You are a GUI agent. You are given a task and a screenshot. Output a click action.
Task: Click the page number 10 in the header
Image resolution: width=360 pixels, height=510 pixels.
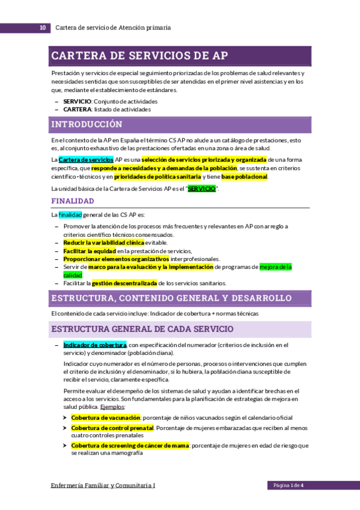[x=41, y=28]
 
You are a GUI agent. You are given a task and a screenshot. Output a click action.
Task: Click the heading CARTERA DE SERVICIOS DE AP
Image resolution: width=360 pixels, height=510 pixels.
[x=139, y=56]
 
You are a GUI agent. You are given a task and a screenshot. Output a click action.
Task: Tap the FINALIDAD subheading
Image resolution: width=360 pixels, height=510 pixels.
[x=72, y=201]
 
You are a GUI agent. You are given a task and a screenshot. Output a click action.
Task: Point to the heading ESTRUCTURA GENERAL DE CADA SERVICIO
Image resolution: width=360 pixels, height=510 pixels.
[x=142, y=329]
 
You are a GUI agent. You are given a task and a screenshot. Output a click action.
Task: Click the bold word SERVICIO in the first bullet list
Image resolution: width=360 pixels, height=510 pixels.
[x=77, y=102]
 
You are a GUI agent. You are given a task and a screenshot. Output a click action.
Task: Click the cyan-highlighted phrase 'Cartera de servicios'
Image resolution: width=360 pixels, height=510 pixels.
[x=86, y=159]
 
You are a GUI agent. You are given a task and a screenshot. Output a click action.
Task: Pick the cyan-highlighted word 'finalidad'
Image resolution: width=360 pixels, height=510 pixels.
[x=70, y=215]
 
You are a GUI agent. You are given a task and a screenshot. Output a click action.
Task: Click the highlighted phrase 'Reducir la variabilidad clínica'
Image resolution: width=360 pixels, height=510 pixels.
[x=103, y=242]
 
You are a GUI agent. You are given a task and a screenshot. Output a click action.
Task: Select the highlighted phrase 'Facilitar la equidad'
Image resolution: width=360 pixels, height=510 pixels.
[x=89, y=251]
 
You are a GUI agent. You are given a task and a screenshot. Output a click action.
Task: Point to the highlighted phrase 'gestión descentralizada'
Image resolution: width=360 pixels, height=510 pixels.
[x=124, y=283]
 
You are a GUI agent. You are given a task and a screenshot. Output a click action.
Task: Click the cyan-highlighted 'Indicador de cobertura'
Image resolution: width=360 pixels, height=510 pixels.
[x=94, y=345]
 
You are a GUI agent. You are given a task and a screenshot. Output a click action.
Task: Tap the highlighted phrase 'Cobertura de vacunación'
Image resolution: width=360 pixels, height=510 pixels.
[x=105, y=417]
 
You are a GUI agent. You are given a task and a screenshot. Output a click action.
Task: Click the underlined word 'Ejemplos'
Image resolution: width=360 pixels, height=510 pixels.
[x=112, y=407]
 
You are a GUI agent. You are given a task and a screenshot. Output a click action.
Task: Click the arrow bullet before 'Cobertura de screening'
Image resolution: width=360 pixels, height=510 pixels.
[x=65, y=446]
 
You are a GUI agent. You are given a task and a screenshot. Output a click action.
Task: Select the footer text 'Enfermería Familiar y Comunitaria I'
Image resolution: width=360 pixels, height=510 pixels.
[x=103, y=485]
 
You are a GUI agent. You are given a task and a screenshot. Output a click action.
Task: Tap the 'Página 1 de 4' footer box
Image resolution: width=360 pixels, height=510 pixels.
[x=288, y=485]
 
